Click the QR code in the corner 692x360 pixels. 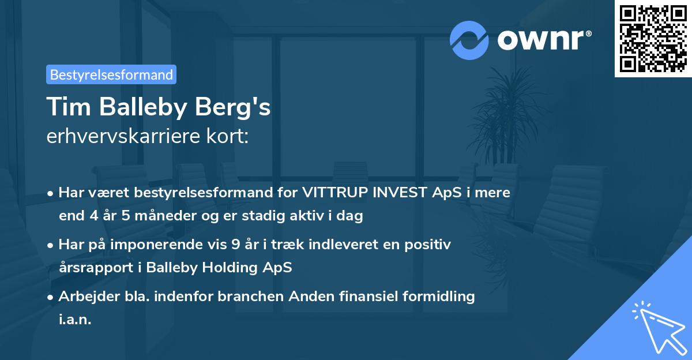[653, 39]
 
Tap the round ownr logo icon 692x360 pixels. [469, 40]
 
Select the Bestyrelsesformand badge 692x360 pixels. [111, 74]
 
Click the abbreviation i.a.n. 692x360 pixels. [75, 320]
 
